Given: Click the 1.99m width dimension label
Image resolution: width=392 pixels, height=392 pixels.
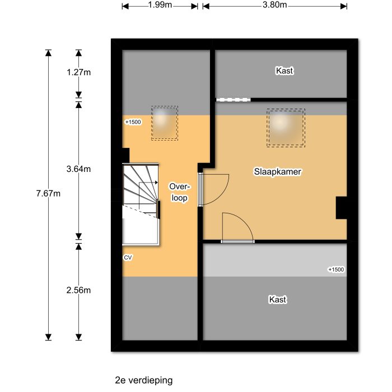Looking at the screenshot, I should click(160, 6).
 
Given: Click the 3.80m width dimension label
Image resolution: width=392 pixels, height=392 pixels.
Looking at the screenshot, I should click(275, 6).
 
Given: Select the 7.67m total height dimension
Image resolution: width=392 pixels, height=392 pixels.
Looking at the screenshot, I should click(48, 194).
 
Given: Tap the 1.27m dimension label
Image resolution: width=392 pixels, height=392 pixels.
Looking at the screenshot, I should click(78, 72).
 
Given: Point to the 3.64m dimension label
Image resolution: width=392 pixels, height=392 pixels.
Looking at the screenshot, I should click(78, 169).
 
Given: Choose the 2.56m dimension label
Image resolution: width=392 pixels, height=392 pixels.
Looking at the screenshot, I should click(78, 290).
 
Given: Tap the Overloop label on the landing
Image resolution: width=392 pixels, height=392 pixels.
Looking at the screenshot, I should click(179, 192).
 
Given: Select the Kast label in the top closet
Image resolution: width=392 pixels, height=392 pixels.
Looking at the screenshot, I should click(284, 71).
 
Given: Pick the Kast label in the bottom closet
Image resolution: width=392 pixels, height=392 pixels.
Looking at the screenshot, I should click(278, 300).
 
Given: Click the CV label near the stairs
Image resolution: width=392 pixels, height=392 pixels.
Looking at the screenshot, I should click(128, 258).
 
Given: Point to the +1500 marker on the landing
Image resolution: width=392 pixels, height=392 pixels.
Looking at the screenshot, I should click(133, 122).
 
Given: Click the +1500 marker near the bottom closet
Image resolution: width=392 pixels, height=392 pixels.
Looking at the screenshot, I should click(336, 269).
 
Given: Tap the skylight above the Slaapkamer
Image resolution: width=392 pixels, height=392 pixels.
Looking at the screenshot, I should click(286, 127).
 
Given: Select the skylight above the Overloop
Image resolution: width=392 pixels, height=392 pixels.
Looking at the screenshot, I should click(164, 123).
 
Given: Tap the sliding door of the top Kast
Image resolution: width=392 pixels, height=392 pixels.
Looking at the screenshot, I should click(234, 100).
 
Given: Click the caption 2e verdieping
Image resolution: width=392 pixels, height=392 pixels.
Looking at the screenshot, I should click(143, 380).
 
